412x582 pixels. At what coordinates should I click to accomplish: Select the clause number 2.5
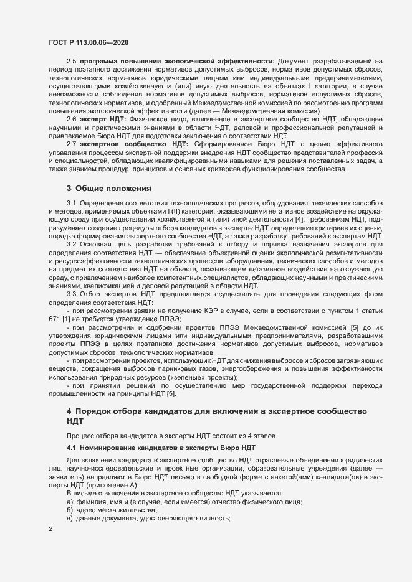[x=71, y=60]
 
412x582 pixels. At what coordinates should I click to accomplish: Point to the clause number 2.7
[x=71, y=144]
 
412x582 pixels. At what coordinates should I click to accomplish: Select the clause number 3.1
[x=71, y=204]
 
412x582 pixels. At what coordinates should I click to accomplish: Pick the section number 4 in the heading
[x=69, y=411]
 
